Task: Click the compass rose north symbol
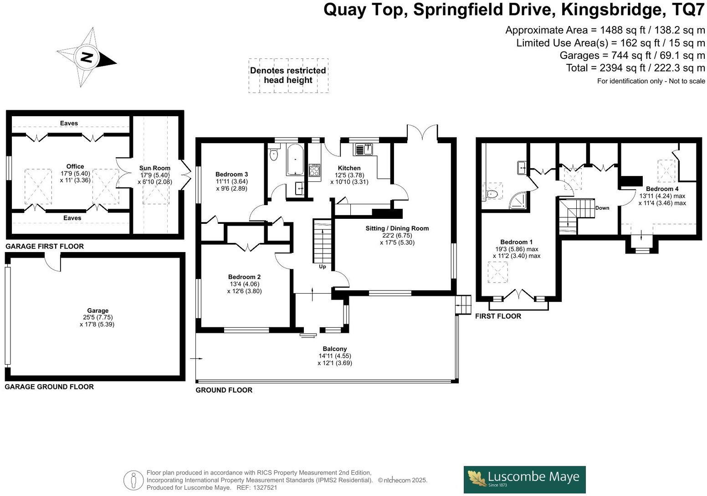tap(87, 57)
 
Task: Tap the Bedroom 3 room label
tap(231, 174)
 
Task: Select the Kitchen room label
tap(349, 168)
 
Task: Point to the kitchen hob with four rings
tap(314, 170)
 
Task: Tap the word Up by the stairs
tap(322, 267)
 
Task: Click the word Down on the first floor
tap(602, 208)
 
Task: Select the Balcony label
tap(335, 349)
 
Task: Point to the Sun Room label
tap(155, 168)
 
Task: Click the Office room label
tap(75, 166)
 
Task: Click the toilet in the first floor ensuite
tap(492, 194)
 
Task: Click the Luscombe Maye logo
tap(524, 479)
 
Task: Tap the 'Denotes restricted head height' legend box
tap(288, 76)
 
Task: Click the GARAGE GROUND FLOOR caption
tap(49, 387)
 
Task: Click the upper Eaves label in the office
tap(69, 123)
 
